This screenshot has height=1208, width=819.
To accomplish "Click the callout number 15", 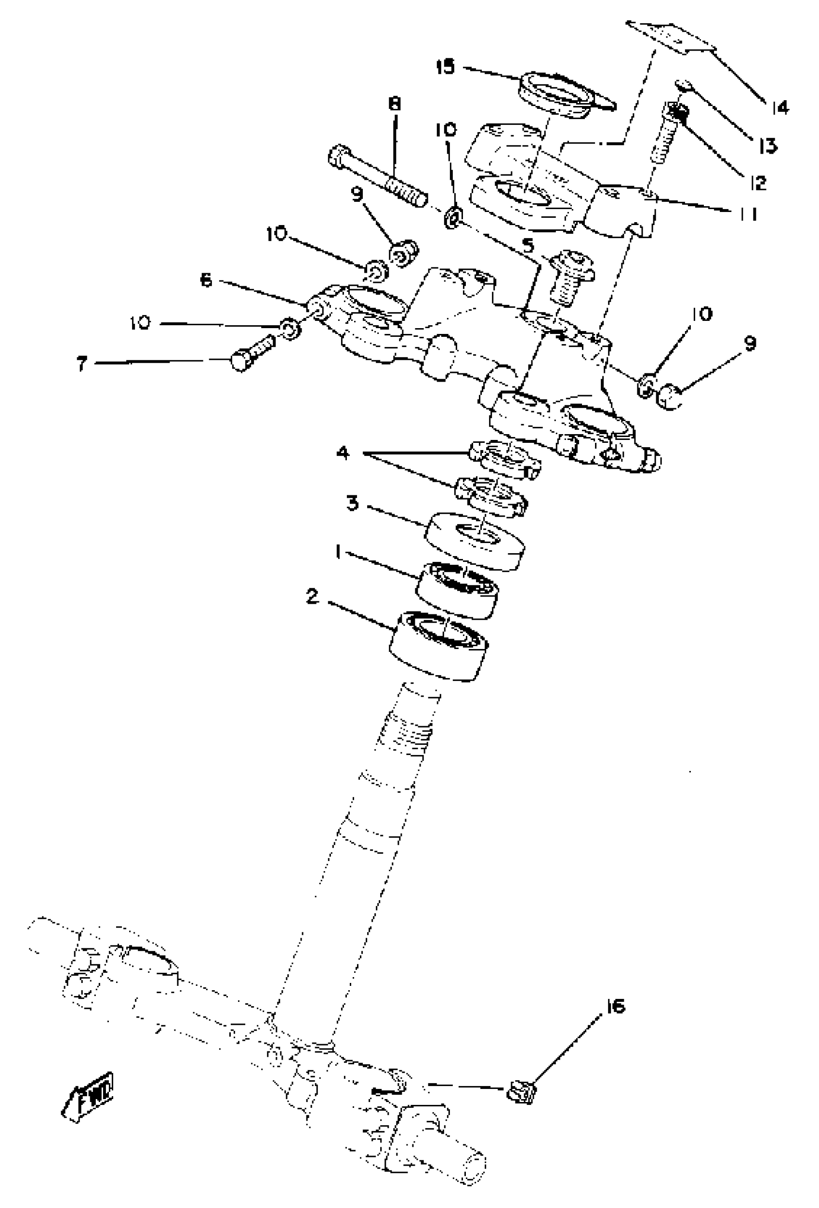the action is click(445, 67).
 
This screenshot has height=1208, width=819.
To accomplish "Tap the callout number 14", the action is click(780, 107).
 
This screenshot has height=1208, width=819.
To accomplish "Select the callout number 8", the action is click(395, 104).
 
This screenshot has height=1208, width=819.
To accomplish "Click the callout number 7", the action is click(81, 364).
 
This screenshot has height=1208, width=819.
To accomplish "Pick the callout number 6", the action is click(206, 281).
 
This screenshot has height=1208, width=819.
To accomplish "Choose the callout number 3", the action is click(353, 503).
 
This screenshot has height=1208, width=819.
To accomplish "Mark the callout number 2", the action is click(312, 597).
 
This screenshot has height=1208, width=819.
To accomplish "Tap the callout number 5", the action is click(528, 244).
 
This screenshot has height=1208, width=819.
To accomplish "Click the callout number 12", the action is click(758, 183).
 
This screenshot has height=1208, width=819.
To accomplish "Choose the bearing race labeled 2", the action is click(439, 645).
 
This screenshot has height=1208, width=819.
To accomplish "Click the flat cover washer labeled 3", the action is click(475, 541).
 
